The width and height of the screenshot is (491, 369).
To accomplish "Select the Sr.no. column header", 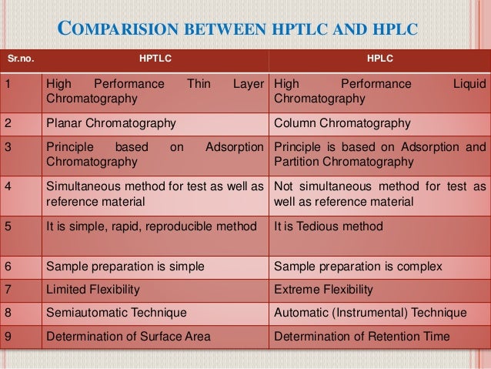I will [20, 57].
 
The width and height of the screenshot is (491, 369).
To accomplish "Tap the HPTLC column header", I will [155, 57].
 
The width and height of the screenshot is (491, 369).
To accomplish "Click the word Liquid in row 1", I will [469, 84].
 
